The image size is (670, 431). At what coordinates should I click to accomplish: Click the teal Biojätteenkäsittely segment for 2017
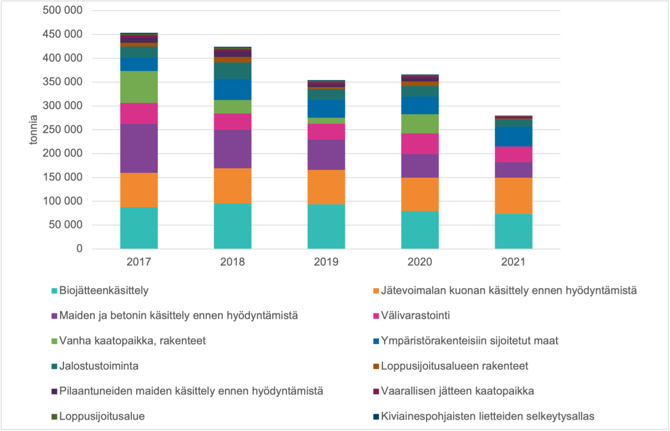click(x=139, y=228)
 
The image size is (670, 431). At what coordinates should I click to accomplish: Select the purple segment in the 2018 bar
click(x=232, y=149)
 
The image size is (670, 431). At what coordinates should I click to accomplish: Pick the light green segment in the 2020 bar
click(x=420, y=124)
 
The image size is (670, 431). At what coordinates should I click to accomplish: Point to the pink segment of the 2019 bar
click(x=326, y=132)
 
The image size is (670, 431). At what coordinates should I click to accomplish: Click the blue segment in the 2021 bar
click(x=513, y=136)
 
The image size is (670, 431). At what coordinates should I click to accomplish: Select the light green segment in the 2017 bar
click(x=139, y=87)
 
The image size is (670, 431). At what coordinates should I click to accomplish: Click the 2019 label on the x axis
click(x=326, y=262)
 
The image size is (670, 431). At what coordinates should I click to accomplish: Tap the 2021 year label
click(x=513, y=262)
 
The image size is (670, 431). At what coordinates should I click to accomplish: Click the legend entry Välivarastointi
click(x=416, y=316)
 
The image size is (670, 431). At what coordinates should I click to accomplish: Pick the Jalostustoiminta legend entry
click(x=99, y=366)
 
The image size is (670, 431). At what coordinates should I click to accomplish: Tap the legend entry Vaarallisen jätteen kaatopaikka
click(x=457, y=391)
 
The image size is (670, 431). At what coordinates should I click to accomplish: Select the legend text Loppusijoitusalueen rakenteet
click(x=454, y=366)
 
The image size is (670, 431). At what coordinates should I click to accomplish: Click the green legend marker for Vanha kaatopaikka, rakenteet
click(x=54, y=341)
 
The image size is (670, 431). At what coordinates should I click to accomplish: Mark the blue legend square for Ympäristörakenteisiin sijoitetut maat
click(x=375, y=341)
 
